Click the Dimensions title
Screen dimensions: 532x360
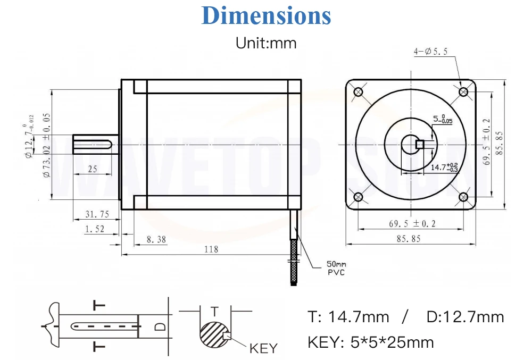tap(266, 15)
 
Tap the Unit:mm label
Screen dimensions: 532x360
tap(266, 43)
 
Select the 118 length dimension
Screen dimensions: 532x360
tap(211, 249)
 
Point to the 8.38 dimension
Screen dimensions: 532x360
tap(156, 239)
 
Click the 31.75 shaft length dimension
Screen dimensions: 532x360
tap(97, 214)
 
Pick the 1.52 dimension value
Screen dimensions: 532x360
tap(95, 229)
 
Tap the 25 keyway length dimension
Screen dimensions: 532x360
tap(93, 169)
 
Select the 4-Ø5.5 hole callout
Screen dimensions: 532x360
tap(430, 52)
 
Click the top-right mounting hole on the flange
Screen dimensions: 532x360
tap(463, 92)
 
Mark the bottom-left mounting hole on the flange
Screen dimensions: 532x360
tap(358, 197)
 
